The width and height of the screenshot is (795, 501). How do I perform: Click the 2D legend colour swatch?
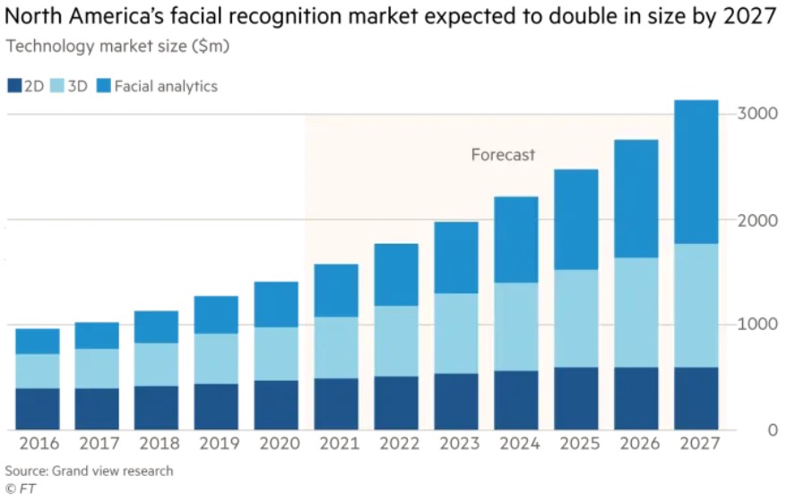click(x=14, y=87)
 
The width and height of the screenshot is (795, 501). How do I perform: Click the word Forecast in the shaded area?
click(x=503, y=155)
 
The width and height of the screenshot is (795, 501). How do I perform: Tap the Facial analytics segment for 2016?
click(x=37, y=341)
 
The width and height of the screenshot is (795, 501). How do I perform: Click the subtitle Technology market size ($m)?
click(x=117, y=47)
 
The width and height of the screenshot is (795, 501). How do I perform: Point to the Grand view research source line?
click(x=89, y=471)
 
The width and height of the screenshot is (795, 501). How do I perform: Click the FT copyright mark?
click(x=20, y=488)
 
